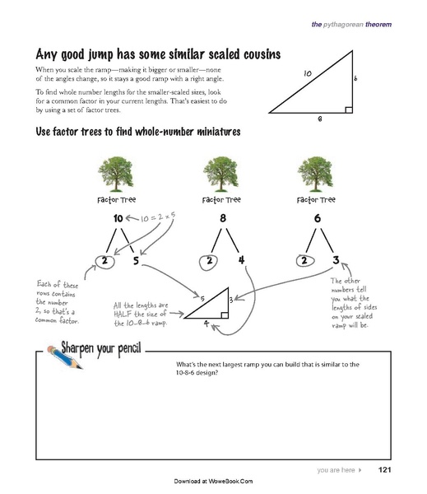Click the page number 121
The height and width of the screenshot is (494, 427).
click(383, 470)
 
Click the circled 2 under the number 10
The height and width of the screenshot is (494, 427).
click(104, 263)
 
